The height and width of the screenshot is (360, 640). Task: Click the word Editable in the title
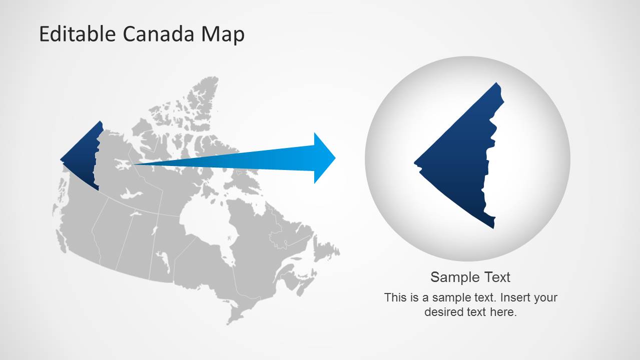click(x=78, y=34)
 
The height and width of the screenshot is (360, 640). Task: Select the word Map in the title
click(x=223, y=35)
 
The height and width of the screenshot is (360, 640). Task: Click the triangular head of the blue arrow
click(x=323, y=158)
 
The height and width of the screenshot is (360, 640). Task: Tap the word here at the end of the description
click(x=503, y=312)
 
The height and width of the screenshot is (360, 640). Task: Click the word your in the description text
click(x=545, y=298)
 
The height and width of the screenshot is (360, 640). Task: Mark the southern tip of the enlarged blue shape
click(x=493, y=227)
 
